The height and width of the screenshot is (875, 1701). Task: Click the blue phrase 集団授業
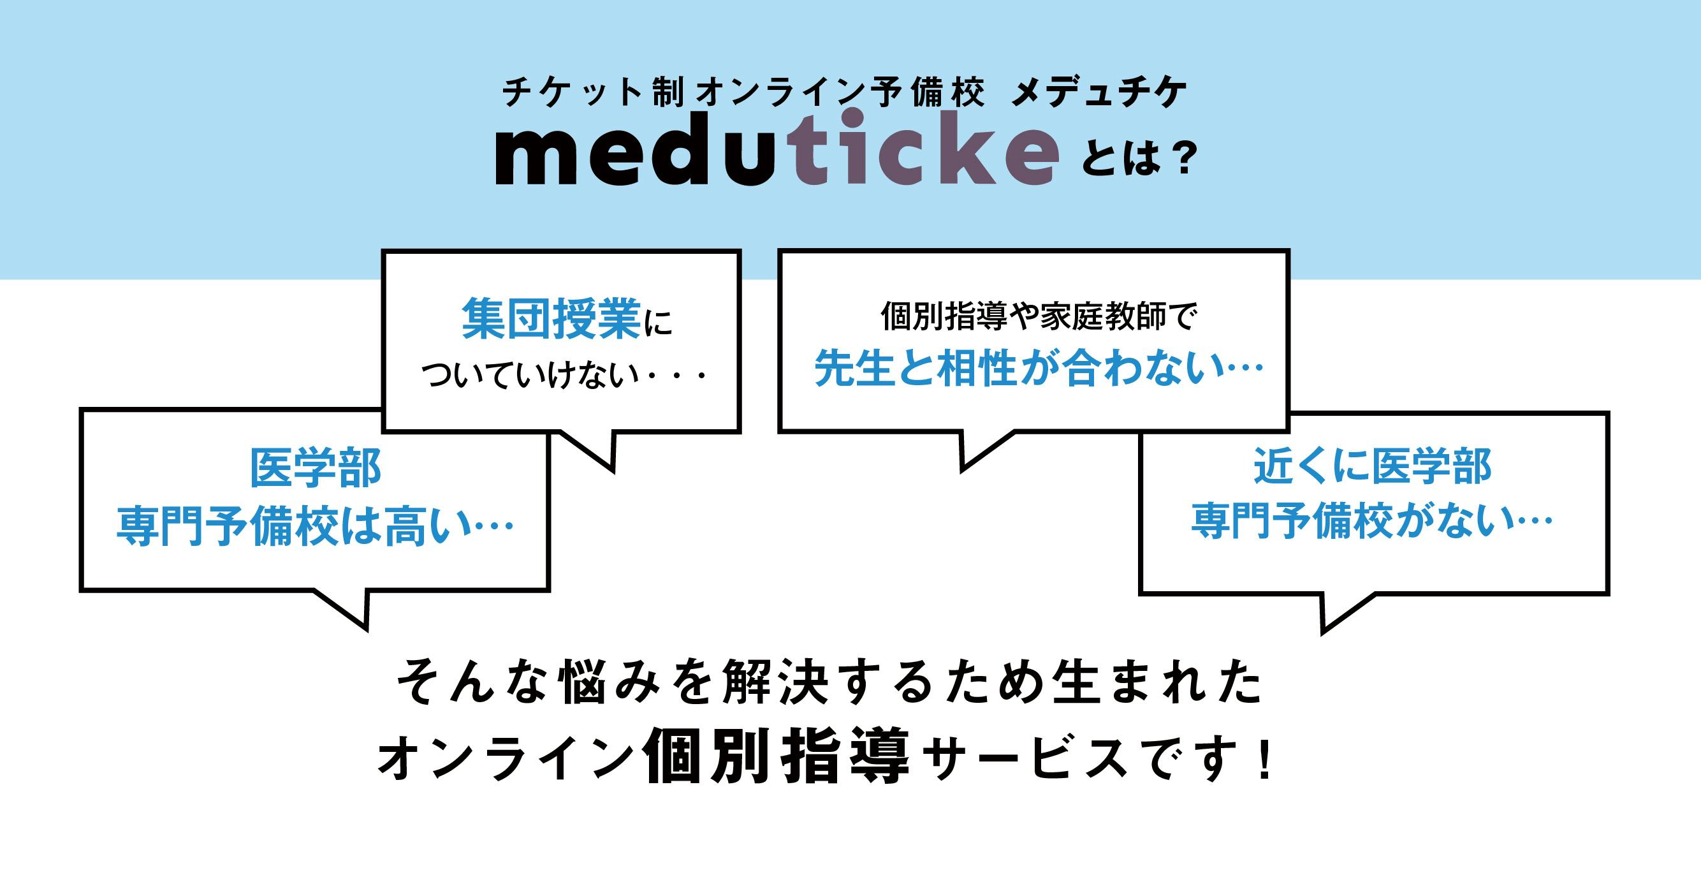(551, 319)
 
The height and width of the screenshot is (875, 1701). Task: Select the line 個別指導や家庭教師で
(1039, 316)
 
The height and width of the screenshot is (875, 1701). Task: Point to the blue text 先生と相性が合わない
(1016, 368)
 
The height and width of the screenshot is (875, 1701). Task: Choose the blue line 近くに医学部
(1373, 466)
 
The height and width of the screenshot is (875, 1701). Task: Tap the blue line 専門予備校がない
(1351, 521)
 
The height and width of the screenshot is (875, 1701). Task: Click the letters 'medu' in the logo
(634, 150)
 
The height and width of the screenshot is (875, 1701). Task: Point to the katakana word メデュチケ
(1099, 93)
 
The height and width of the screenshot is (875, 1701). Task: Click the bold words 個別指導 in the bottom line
(777, 757)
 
